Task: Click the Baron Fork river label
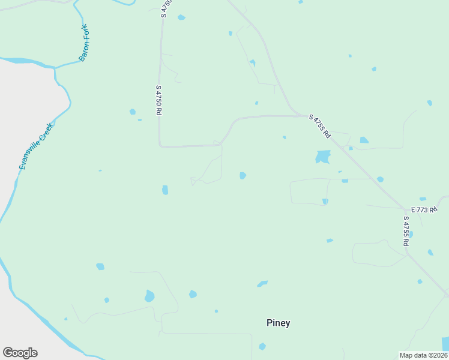tap(85, 43)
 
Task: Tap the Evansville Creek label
tap(36, 146)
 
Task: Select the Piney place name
tap(278, 323)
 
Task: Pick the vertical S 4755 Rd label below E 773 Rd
tap(406, 231)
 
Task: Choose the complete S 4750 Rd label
tap(159, 100)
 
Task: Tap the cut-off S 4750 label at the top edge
tap(163, 8)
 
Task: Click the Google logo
tap(20, 353)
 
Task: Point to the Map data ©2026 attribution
tap(423, 355)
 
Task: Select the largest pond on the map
tap(323, 157)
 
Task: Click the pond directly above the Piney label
tap(262, 283)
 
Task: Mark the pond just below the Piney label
tap(262, 346)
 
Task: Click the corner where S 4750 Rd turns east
tap(160, 145)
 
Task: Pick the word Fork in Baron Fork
tap(88, 34)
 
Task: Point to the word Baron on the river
tap(83, 52)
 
